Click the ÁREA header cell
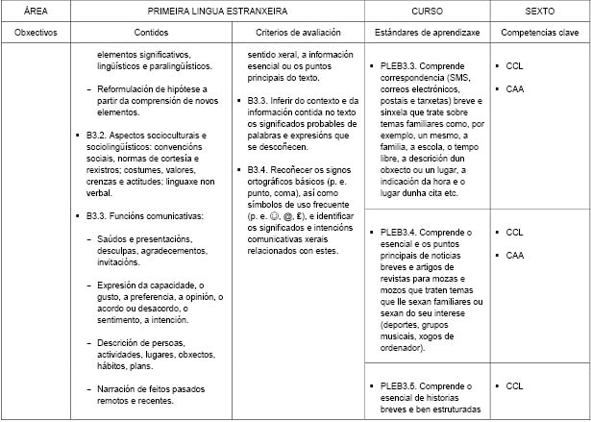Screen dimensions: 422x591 (37, 11)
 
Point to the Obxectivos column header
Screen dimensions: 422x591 (37, 33)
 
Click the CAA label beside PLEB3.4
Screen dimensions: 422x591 (514, 255)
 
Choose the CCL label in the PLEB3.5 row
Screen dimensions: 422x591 (514, 385)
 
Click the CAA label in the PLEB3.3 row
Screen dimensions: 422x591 (514, 88)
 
